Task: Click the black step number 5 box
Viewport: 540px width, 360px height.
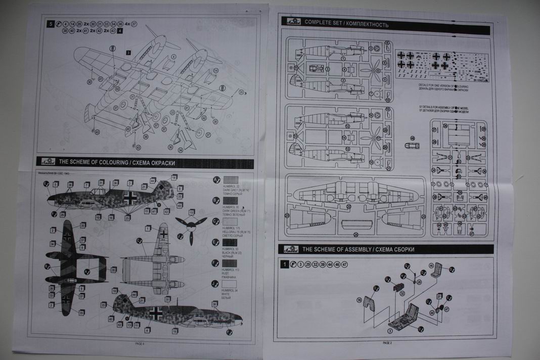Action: click(x=51, y=24)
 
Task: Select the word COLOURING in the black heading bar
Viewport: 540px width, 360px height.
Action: click(x=114, y=162)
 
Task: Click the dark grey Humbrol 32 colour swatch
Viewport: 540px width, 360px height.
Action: click(x=231, y=179)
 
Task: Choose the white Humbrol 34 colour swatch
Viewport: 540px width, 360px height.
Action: click(x=231, y=284)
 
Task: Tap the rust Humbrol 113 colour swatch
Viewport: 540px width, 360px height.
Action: click(x=231, y=263)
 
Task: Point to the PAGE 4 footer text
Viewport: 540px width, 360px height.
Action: click(x=140, y=343)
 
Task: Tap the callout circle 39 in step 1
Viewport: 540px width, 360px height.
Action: click(x=359, y=300)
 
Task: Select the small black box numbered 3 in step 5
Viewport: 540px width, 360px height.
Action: click(x=128, y=52)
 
